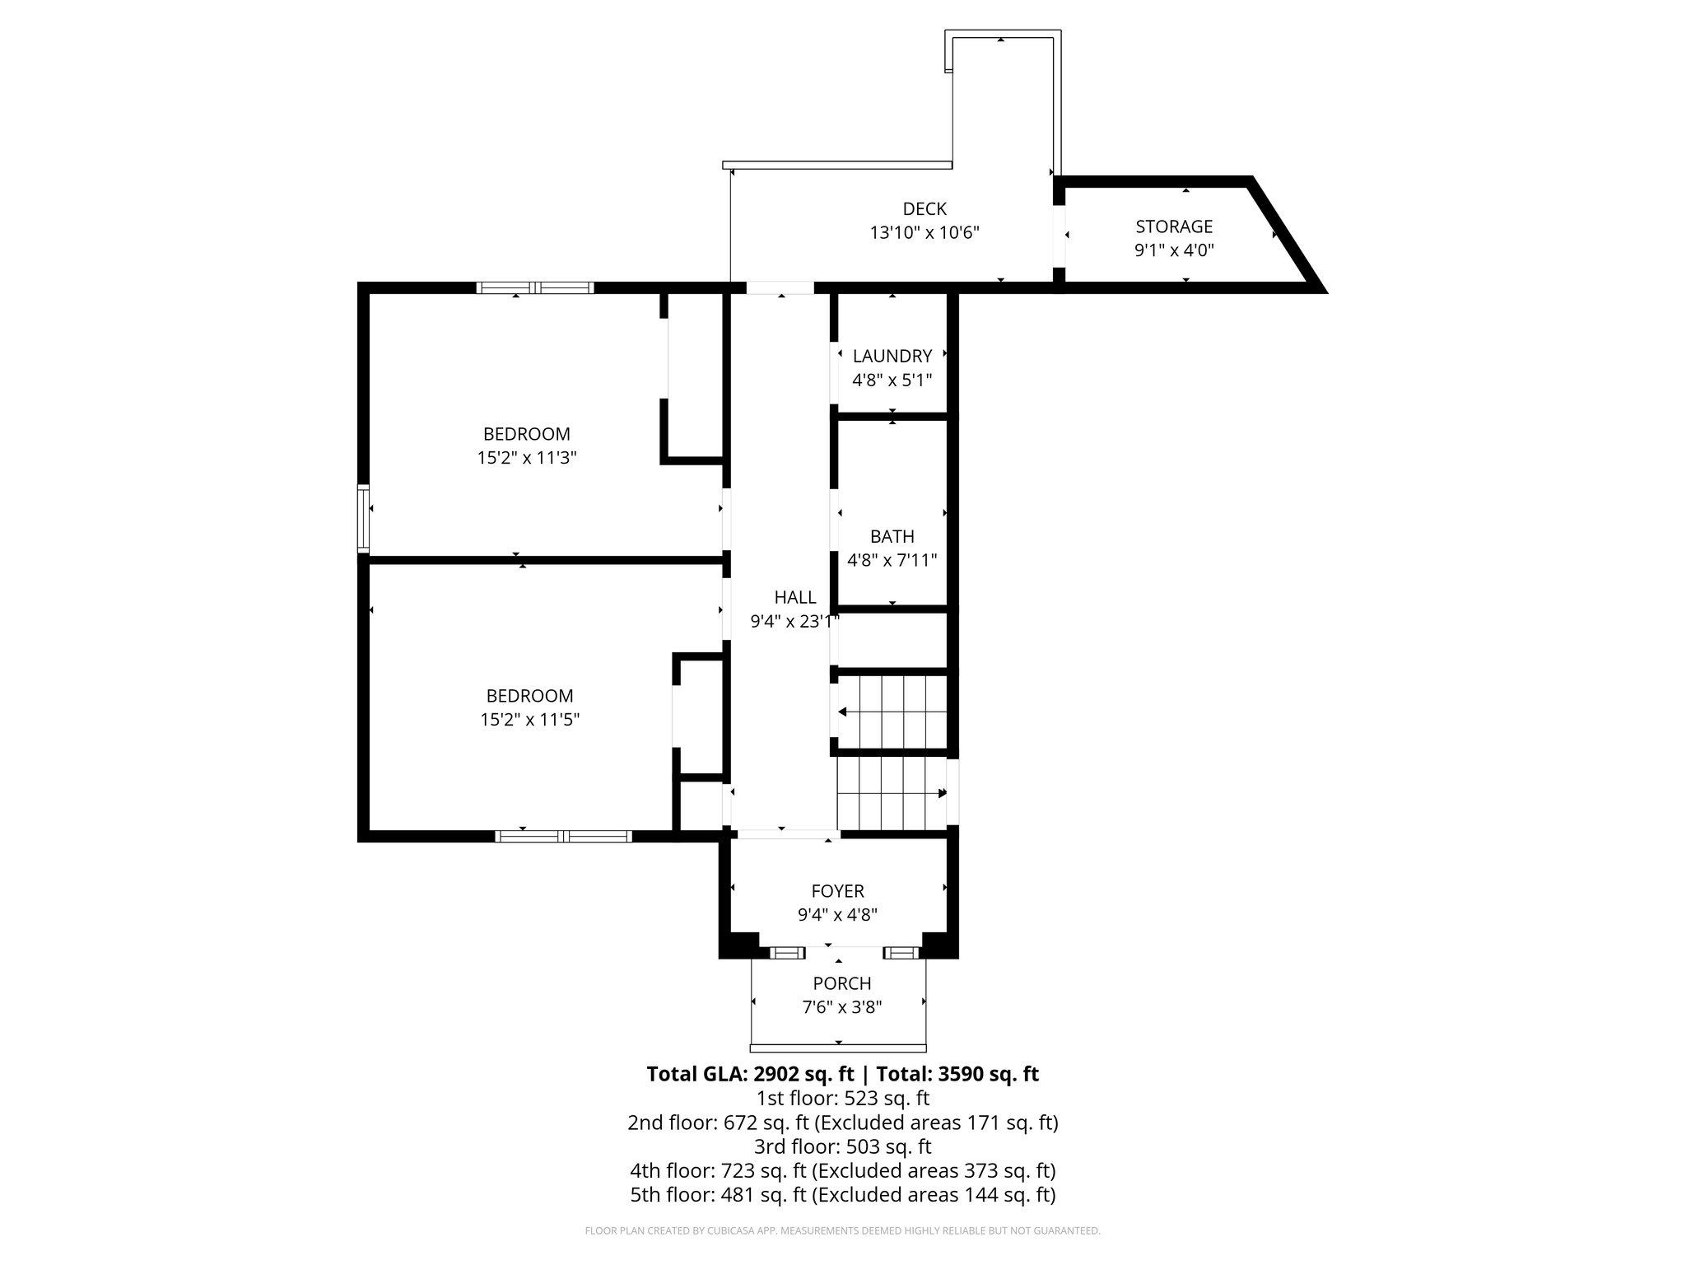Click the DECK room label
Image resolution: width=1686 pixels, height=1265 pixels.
(925, 209)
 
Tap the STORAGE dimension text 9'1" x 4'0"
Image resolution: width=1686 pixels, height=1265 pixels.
(1174, 250)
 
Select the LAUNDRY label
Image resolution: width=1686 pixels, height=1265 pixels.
(892, 356)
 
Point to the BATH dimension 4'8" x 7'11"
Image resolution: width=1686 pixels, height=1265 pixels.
(892, 561)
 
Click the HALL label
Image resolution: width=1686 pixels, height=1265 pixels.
(794, 598)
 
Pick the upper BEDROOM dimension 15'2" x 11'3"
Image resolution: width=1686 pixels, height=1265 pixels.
(526, 458)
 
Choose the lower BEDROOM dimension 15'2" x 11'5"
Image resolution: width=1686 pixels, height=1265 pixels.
(529, 720)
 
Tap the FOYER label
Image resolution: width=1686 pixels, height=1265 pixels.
(837, 891)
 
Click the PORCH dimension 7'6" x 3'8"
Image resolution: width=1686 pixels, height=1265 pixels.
(841, 1007)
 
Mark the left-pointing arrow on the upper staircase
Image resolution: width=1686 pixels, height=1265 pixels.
(843, 712)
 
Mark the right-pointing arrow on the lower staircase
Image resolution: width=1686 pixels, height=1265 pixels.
(942, 793)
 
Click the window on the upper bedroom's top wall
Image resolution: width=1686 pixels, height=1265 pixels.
(535, 287)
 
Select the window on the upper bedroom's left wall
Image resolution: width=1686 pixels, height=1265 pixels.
(363, 518)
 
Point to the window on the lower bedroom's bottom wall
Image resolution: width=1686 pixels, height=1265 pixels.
(564, 836)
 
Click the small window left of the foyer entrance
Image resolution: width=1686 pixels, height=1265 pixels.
(787, 953)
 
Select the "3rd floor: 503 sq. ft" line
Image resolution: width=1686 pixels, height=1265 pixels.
(841, 1146)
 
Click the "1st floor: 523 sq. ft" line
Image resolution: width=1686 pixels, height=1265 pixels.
(841, 1098)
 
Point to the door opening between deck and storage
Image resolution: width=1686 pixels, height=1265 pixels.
(1060, 236)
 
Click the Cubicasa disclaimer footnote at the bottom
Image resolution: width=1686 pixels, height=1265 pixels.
(841, 1231)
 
